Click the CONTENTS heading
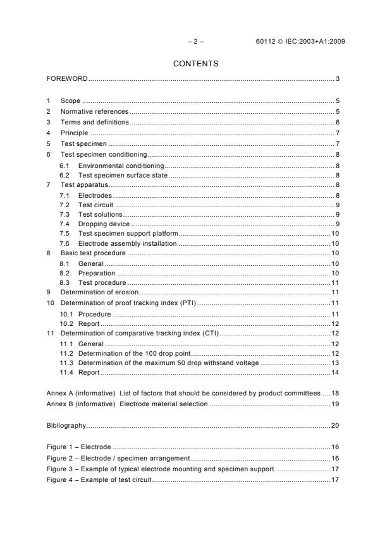196,63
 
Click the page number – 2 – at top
196,42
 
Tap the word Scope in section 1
70,101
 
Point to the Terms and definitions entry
94,122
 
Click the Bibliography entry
66,426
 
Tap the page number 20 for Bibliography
336,426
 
